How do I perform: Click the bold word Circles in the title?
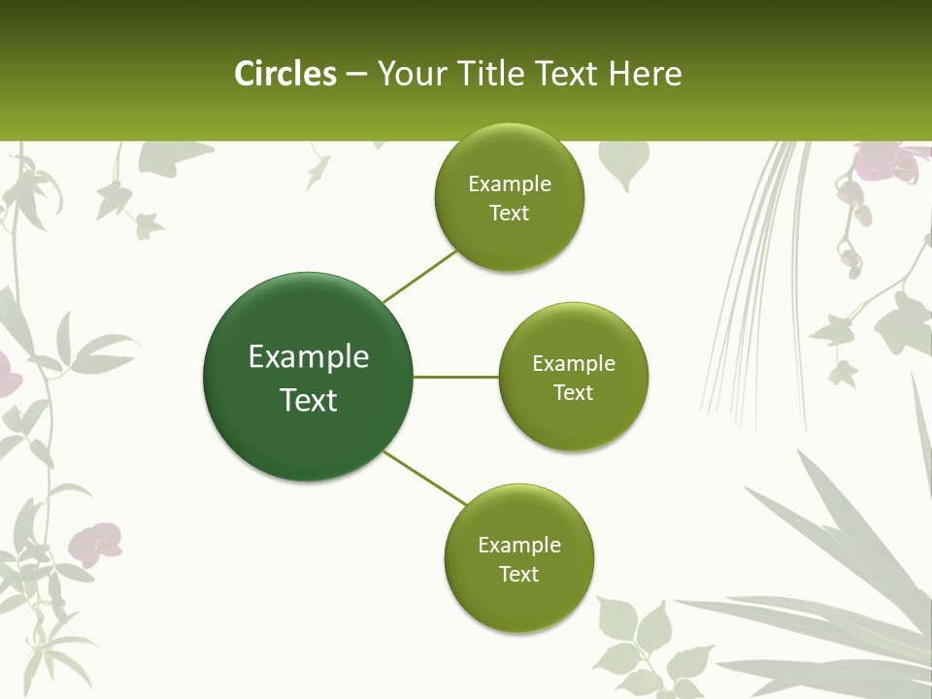(x=285, y=74)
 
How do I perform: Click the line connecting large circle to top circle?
(x=420, y=276)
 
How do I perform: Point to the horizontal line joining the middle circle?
(x=456, y=377)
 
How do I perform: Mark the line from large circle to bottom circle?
(x=425, y=478)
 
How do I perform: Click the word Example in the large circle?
(x=309, y=357)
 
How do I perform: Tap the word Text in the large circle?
(x=309, y=400)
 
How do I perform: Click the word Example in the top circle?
(x=509, y=184)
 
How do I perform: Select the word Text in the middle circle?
(x=573, y=393)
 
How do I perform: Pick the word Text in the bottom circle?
(x=518, y=574)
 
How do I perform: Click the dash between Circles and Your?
(x=356, y=75)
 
